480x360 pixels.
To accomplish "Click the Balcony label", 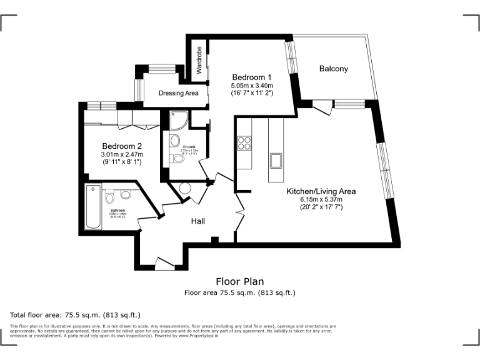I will click(333, 69).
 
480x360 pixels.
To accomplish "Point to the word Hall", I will click(198, 221).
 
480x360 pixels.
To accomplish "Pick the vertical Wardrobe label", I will click(199, 61).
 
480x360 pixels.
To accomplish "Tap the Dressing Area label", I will click(178, 93).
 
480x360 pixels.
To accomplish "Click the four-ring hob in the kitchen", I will click(244, 143).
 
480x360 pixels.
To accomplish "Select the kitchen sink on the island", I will click(276, 160).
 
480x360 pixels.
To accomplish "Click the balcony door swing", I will click(322, 109).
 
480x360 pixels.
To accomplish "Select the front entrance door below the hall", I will click(164, 264).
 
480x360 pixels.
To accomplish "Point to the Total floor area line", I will click(76, 314).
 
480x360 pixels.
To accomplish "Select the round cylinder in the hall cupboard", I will click(185, 189).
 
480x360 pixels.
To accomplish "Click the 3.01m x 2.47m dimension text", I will click(122, 154).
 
